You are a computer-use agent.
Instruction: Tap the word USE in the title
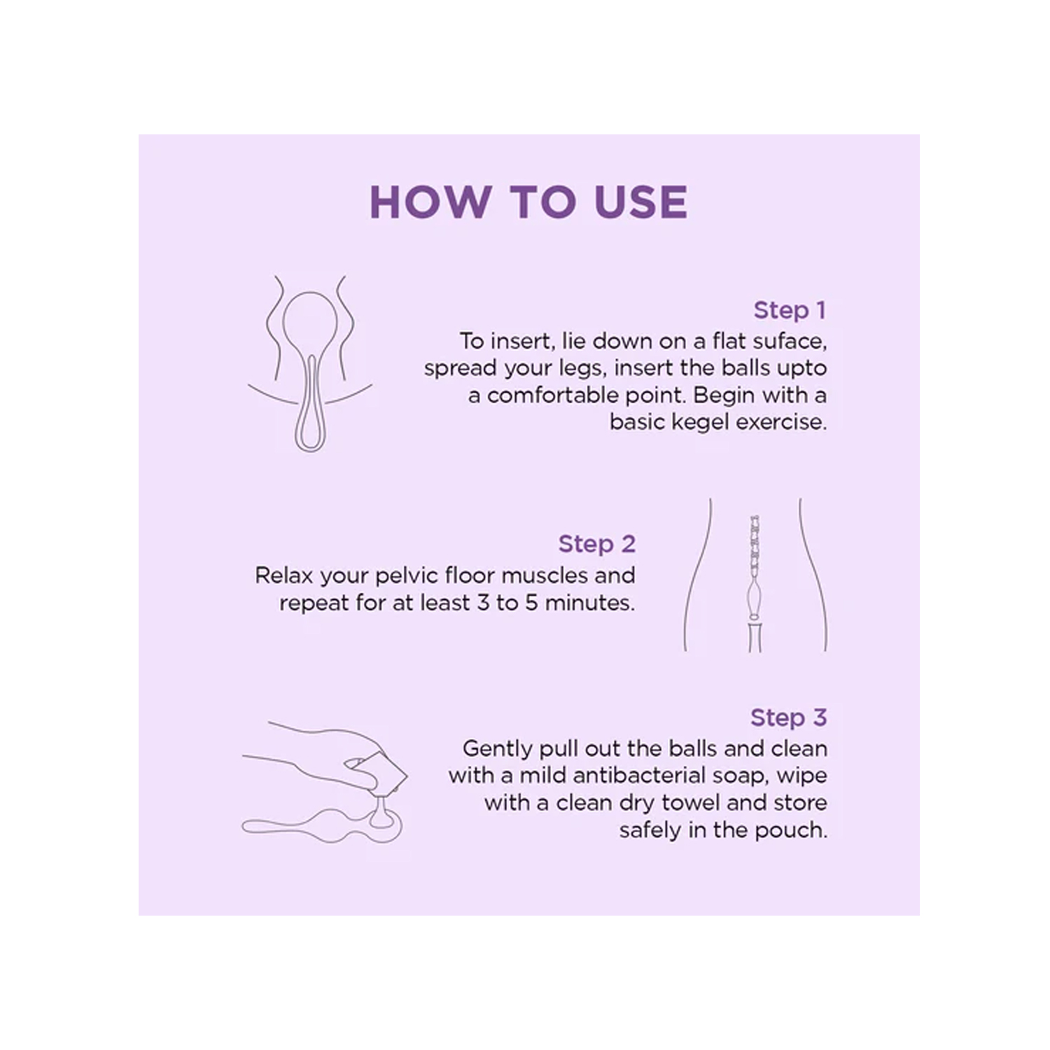(640, 202)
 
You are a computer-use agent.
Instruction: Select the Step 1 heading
(790, 310)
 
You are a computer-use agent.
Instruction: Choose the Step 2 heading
(596, 544)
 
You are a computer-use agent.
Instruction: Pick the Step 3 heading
(788, 717)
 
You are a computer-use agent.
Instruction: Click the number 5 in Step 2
(531, 603)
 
